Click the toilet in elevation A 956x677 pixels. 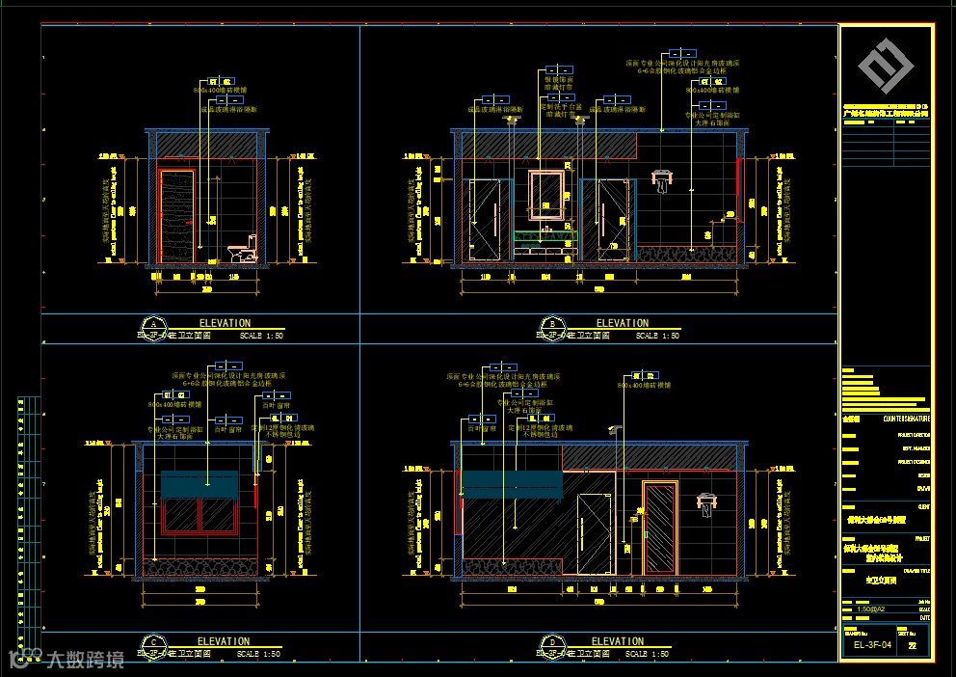coord(243,251)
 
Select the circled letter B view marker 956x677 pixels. coord(553,325)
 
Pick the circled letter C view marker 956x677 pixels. coord(152,643)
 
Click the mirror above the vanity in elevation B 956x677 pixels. coord(546,193)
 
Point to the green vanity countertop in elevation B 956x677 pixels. coord(545,234)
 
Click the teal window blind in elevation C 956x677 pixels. coord(199,484)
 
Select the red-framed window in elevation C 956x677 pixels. coord(199,514)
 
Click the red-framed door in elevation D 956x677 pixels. coord(660,529)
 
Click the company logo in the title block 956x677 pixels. coord(887,65)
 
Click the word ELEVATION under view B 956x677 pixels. coord(623,323)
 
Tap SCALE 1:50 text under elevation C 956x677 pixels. coord(258,654)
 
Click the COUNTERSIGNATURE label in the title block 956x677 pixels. coord(907,419)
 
